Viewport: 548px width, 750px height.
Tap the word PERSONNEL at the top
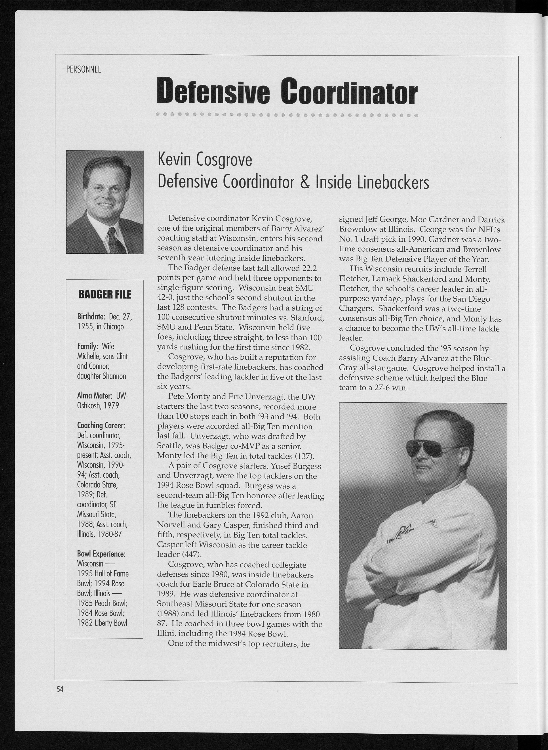(84, 70)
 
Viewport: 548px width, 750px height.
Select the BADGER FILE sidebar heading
(105, 294)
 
